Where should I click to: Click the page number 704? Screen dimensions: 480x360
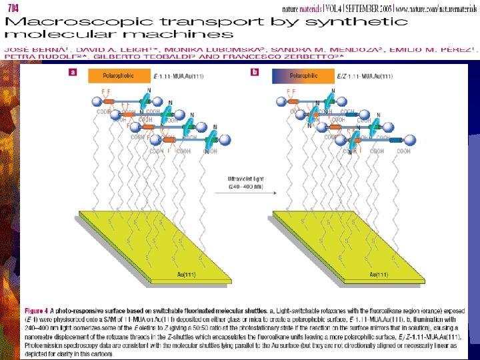coord(13,6)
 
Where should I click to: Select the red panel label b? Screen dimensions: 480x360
coord(255,71)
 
